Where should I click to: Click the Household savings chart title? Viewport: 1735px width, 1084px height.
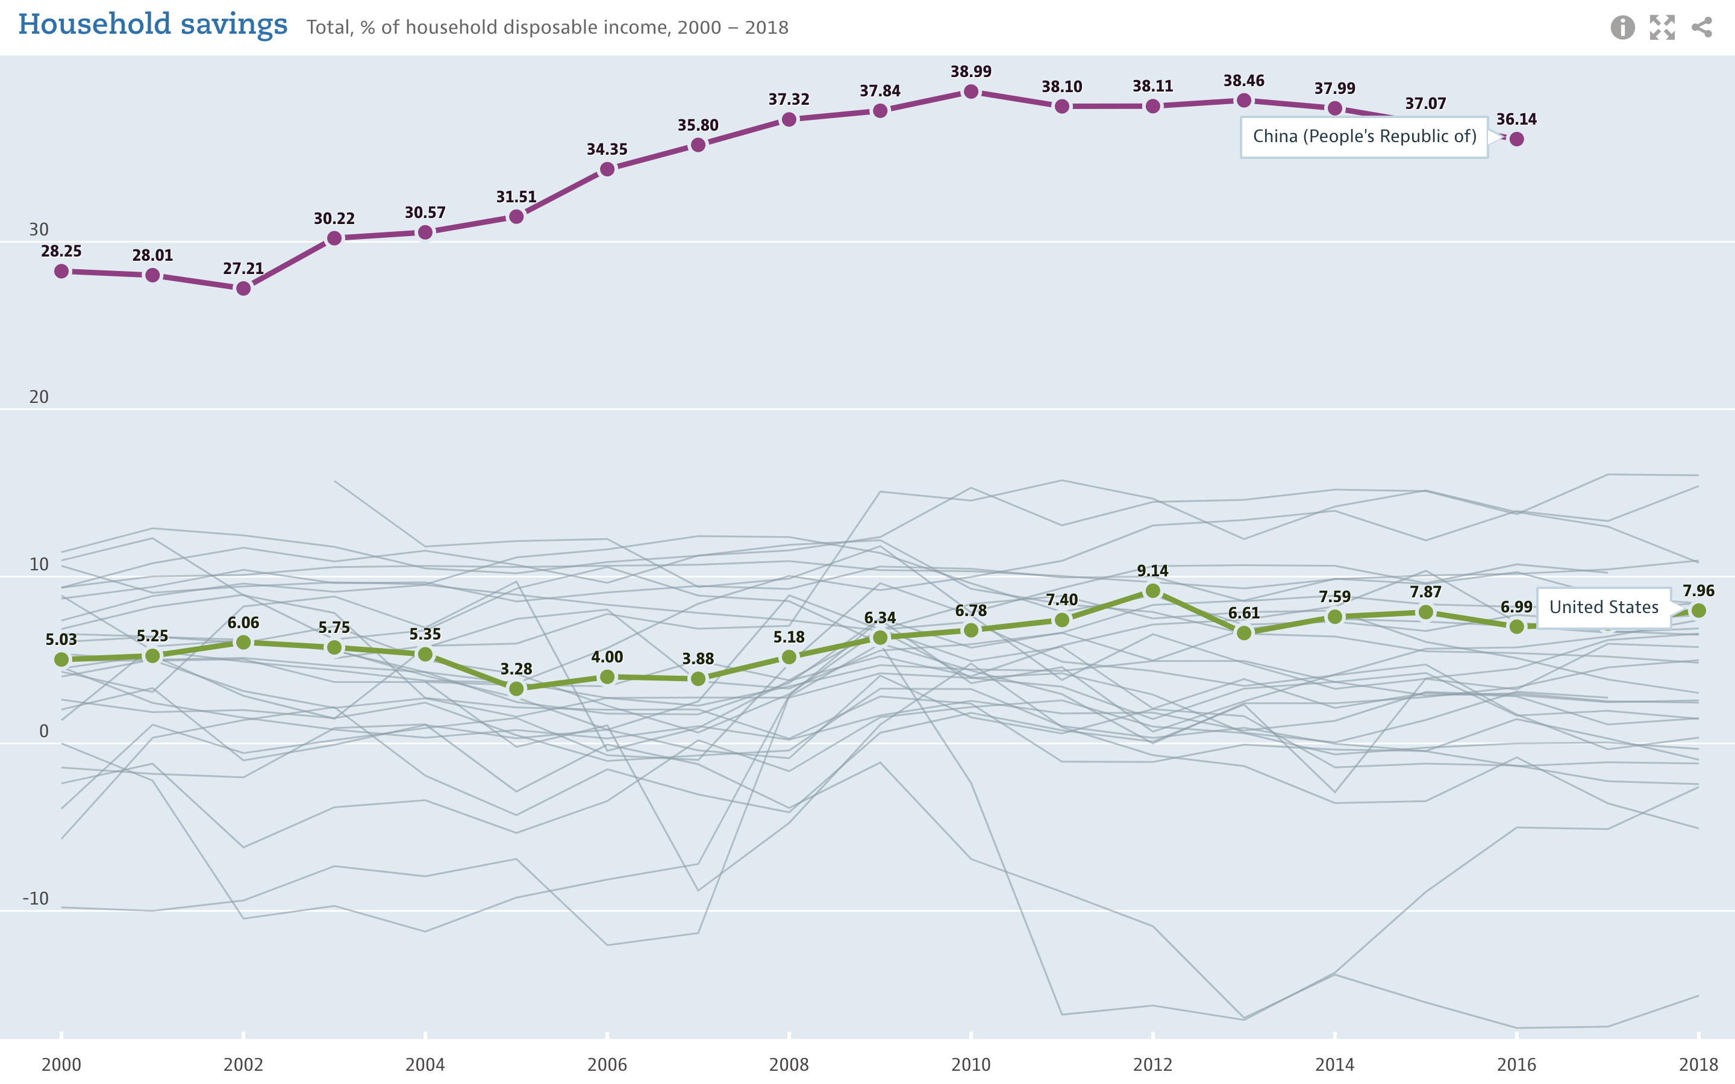(152, 25)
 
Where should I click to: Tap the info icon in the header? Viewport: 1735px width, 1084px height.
(1622, 28)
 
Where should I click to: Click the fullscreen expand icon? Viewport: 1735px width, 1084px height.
(1662, 28)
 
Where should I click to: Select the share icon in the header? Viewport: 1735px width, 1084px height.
(1701, 28)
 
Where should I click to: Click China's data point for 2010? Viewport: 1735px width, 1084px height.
(971, 92)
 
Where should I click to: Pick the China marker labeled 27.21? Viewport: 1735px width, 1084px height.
(244, 288)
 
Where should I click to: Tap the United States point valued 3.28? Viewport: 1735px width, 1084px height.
(516, 689)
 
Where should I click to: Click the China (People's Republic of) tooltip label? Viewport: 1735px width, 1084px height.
(1364, 137)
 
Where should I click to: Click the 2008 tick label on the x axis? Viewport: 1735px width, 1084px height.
(789, 1065)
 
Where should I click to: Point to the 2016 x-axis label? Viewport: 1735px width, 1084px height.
(1516, 1065)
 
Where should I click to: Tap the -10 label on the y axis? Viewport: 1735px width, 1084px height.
(36, 899)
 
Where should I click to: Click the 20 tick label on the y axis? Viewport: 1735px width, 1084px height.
(39, 397)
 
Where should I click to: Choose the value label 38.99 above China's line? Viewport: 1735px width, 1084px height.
(971, 72)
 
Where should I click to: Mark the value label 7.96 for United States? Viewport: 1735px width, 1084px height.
(1698, 591)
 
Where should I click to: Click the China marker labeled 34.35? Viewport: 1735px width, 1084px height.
(607, 169)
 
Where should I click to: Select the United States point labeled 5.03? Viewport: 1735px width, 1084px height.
(61, 659)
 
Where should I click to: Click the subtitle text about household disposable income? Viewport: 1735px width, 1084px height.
(547, 28)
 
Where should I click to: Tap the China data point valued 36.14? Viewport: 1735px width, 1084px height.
(1516, 139)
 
